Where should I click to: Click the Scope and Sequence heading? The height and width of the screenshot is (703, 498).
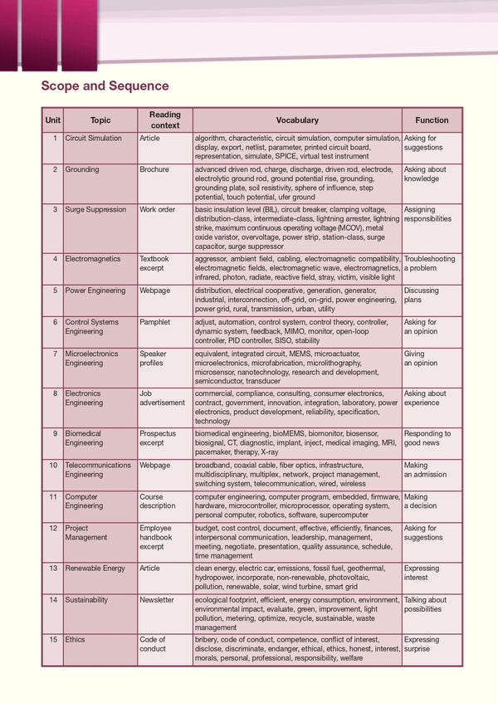click(105, 85)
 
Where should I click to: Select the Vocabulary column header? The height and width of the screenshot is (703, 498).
click(296, 120)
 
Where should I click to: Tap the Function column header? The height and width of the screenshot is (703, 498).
click(432, 120)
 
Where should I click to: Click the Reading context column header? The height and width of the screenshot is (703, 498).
click(164, 120)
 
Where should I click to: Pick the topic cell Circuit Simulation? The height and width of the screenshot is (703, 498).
click(93, 139)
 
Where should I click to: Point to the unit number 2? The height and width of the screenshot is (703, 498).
click(55, 169)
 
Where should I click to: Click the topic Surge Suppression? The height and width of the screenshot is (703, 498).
click(95, 210)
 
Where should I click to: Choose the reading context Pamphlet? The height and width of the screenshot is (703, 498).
click(156, 322)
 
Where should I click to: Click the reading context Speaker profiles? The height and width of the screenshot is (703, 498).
click(153, 359)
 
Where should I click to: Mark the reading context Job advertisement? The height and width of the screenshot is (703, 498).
click(162, 398)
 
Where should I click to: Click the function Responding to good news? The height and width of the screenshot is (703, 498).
click(427, 438)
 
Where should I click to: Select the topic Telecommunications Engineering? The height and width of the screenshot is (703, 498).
click(98, 470)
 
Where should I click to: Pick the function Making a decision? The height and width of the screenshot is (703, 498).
click(422, 501)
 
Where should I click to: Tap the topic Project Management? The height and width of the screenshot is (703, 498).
click(86, 533)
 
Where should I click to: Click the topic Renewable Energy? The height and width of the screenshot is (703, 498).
click(95, 569)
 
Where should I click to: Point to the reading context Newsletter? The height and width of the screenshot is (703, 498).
click(157, 600)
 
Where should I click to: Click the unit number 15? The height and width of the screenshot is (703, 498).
click(53, 640)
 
